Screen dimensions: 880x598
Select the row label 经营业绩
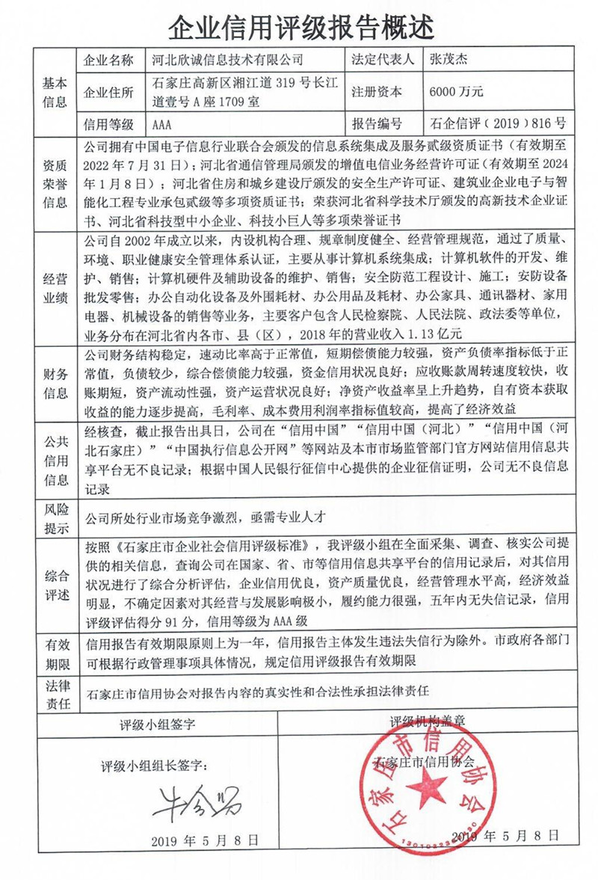[57, 286]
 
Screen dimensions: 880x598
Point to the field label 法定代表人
[382, 59]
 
